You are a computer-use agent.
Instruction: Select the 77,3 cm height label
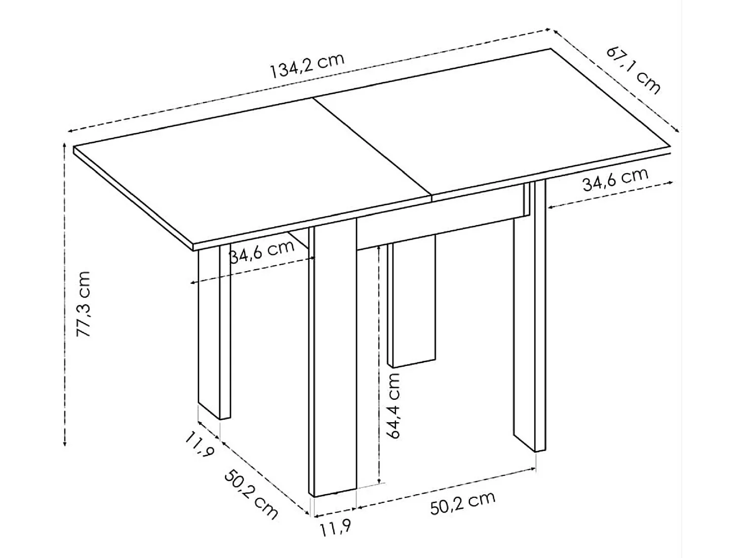click(x=83, y=304)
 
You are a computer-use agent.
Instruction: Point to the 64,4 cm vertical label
click(x=392, y=405)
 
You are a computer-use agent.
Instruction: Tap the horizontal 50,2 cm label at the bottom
click(x=462, y=503)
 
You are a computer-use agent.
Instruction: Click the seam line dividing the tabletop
click(x=372, y=147)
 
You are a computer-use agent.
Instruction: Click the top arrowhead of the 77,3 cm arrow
click(x=64, y=146)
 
